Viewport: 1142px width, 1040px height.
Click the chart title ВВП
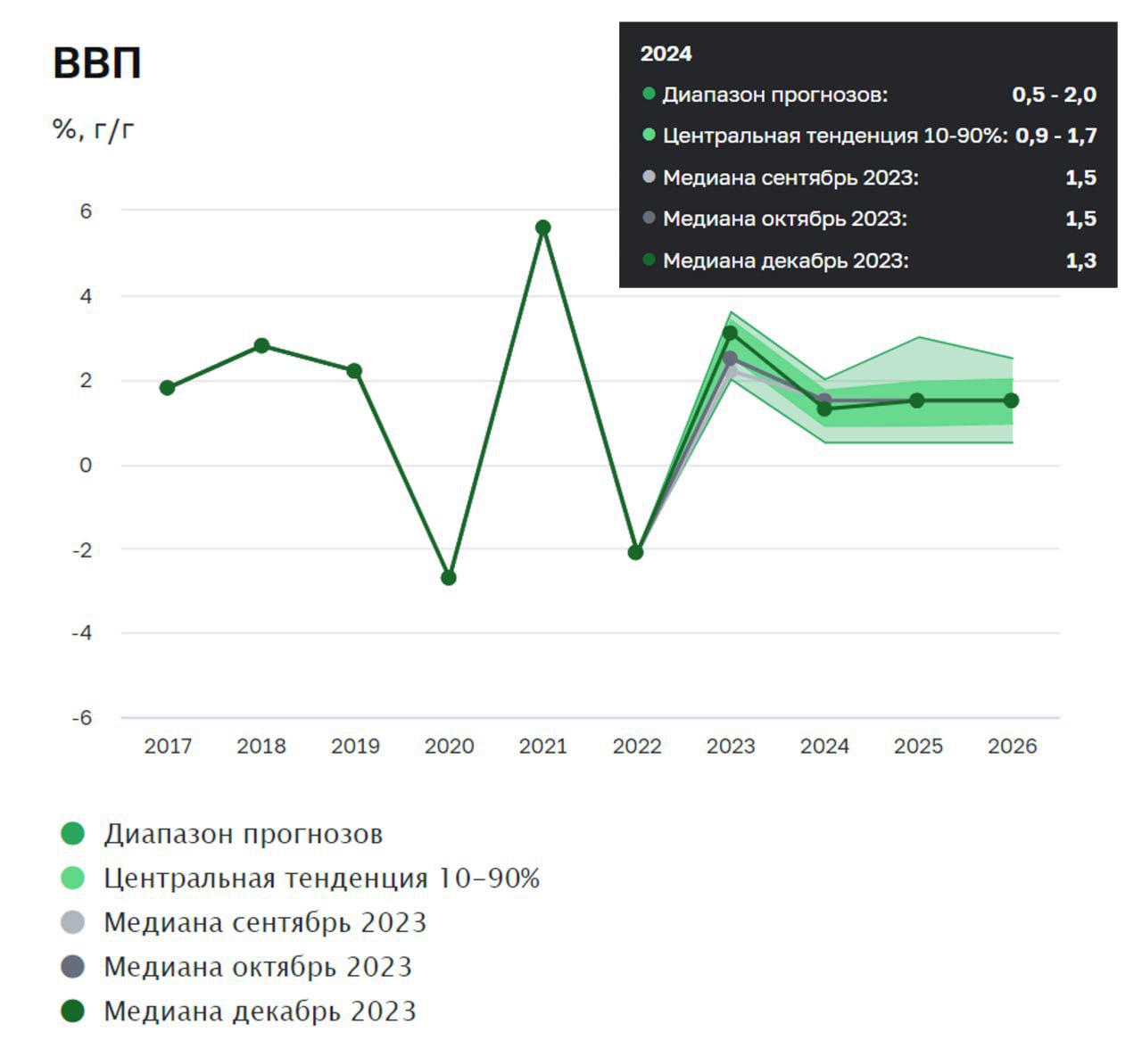pos(97,63)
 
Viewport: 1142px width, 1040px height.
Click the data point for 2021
pos(542,227)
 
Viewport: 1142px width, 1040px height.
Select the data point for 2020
pos(449,578)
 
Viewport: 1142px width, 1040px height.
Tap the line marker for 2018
pos(261,345)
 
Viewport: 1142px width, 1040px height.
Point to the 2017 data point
pos(168,387)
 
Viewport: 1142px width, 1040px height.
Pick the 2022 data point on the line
pos(635,552)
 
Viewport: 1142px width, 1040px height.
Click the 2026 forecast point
pos(1011,400)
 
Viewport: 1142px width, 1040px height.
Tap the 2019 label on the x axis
pos(355,746)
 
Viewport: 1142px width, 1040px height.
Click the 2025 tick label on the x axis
pos(918,746)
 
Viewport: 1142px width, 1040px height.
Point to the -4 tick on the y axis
pos(82,633)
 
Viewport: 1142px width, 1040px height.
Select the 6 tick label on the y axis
pos(86,211)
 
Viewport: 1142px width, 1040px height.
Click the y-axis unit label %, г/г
pos(94,130)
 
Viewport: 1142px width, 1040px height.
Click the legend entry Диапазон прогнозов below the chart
pos(243,834)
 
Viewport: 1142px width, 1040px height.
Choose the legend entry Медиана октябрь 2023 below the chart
pos(258,967)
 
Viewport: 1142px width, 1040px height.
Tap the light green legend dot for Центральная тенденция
pos(72,879)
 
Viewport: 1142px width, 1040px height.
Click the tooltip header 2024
pos(666,54)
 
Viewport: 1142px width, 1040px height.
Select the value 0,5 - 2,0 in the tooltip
pos(1054,95)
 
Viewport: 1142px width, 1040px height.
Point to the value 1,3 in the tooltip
pos(1080,260)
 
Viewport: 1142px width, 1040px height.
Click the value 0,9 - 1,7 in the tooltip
pos(1055,136)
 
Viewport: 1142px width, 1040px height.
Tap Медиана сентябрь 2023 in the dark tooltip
pos(790,177)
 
